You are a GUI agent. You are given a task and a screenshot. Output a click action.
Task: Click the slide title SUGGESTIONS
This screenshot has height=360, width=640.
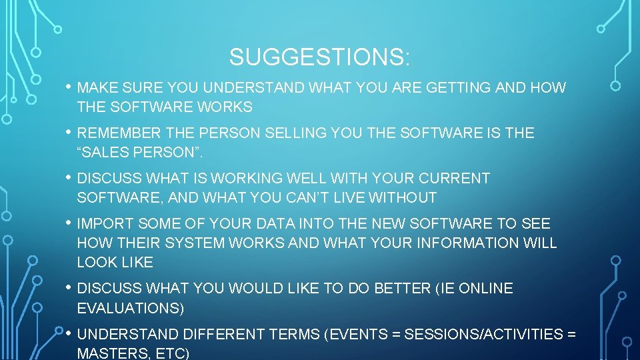click(319, 57)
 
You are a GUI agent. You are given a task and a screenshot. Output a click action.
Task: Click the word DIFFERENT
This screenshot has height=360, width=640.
click(219, 333)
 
